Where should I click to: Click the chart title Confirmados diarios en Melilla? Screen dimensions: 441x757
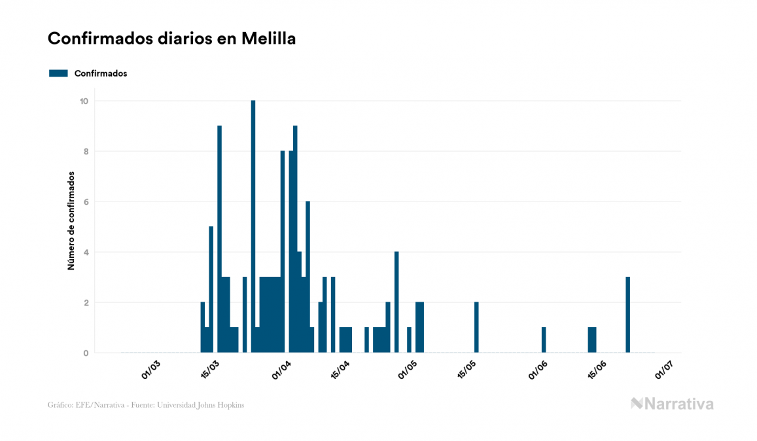tap(171, 39)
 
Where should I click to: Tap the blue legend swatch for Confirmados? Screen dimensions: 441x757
tap(58, 73)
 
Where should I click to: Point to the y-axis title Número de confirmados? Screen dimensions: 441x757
tap(71, 221)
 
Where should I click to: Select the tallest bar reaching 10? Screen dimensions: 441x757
tap(253, 226)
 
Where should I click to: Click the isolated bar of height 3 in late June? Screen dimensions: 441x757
tap(627, 315)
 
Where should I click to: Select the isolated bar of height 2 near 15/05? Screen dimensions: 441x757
tap(476, 327)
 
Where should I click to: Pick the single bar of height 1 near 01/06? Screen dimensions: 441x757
tap(544, 340)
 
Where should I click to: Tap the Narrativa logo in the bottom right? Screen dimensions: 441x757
tap(672, 404)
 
